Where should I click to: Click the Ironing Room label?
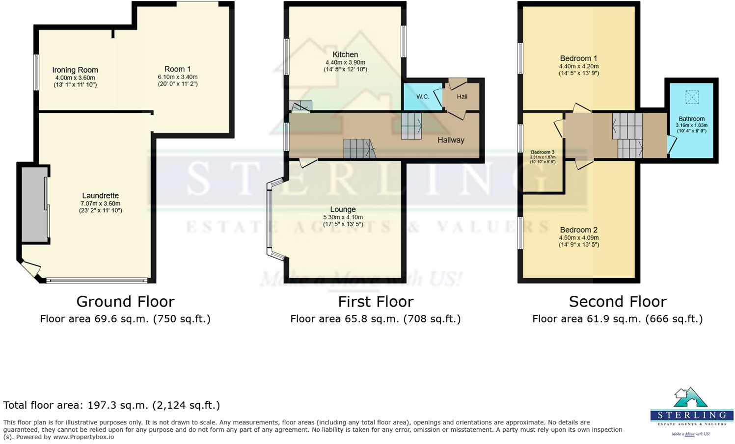[x=75, y=70]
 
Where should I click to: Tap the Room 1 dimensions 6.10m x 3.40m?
[x=177, y=77]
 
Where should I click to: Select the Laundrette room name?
[x=100, y=196]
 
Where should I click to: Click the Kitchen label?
[x=345, y=54]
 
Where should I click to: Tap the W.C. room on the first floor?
[x=422, y=97]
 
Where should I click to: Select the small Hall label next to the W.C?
[x=462, y=97]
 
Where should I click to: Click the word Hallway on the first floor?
[x=451, y=140]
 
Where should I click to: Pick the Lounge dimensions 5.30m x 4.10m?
[x=343, y=217]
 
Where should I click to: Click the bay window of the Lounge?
[x=270, y=220]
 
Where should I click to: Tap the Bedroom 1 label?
[x=578, y=58]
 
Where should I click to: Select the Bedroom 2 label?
[x=578, y=230]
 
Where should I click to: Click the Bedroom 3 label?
[x=542, y=153]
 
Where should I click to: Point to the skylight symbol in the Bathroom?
[x=691, y=97]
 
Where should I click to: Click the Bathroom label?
[x=691, y=119]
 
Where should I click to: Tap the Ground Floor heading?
[x=125, y=301]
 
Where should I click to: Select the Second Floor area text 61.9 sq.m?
[x=617, y=319]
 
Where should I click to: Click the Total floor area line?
[x=111, y=405]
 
